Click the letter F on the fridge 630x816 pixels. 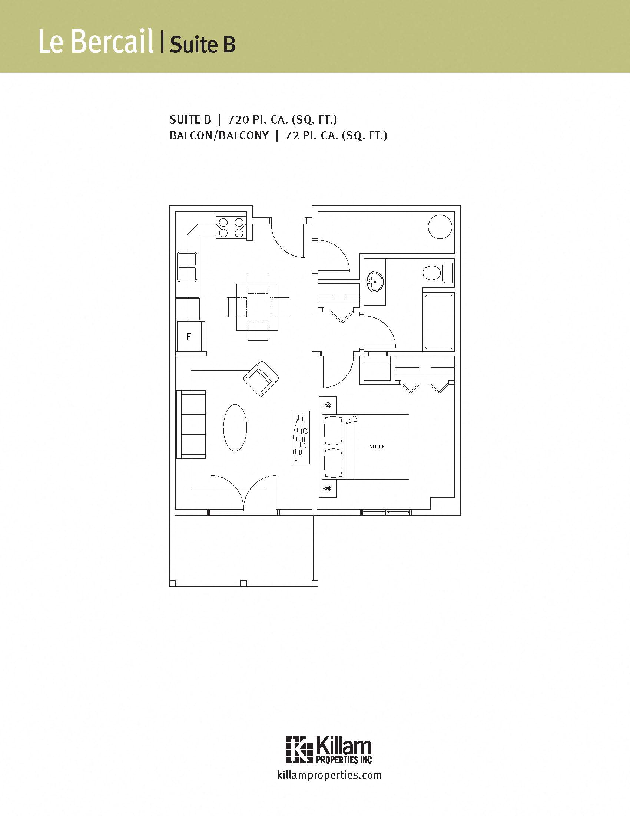tap(189, 337)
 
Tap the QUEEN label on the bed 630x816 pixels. tap(377, 447)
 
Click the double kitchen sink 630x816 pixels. tap(188, 267)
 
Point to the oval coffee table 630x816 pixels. tap(235, 427)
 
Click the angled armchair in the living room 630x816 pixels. tap(261, 378)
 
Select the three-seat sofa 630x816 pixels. tap(191, 424)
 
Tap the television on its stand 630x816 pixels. tap(300, 437)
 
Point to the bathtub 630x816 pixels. tap(438, 322)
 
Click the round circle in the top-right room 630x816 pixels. tap(440, 227)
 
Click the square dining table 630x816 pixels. tap(257, 307)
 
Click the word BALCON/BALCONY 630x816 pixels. tap(219, 136)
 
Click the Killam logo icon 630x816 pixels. tap(299, 750)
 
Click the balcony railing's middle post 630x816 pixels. tap(243, 583)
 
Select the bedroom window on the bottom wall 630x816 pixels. tap(386, 512)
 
